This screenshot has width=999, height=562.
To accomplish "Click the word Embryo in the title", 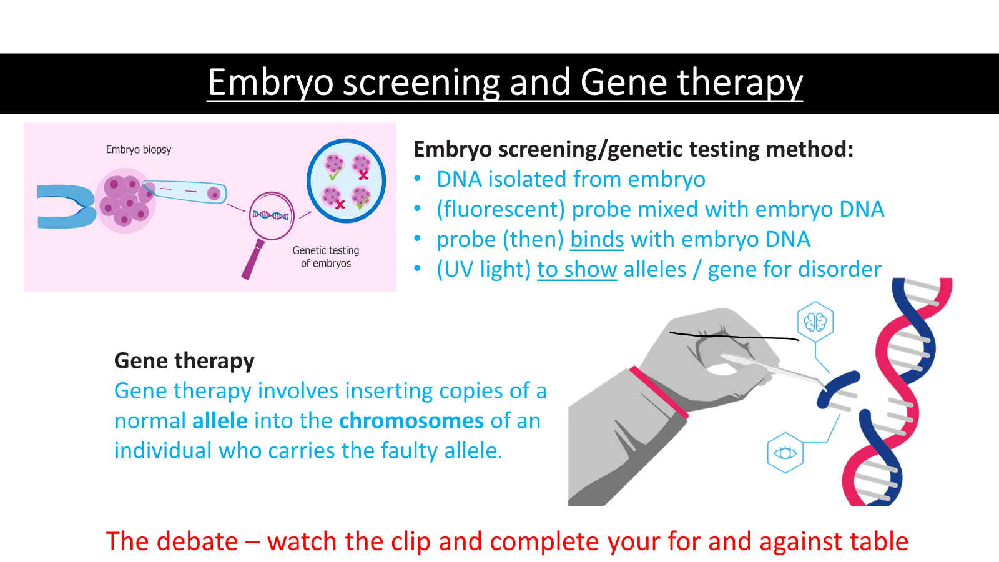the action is pyautogui.click(x=271, y=83).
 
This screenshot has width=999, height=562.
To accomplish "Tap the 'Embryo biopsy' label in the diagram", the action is pyautogui.click(x=138, y=150).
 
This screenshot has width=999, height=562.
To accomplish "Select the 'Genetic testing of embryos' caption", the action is pyautogui.click(x=325, y=257).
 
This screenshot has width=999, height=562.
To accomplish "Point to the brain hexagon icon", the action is pyautogui.click(x=815, y=322).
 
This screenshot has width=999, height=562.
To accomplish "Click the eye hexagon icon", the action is pyautogui.click(x=785, y=453).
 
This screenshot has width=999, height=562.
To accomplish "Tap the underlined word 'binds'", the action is pyautogui.click(x=597, y=240).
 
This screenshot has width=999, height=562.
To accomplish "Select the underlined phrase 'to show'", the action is pyautogui.click(x=577, y=269).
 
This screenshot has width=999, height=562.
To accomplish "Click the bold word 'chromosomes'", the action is pyautogui.click(x=411, y=421).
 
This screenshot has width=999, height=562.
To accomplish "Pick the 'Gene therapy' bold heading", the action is pyautogui.click(x=184, y=361).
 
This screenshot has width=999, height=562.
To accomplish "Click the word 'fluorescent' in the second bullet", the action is pyautogui.click(x=501, y=209).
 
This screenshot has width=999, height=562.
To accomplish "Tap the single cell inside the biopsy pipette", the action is pyautogui.click(x=214, y=194).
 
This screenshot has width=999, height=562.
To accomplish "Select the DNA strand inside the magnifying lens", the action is pyautogui.click(x=271, y=216).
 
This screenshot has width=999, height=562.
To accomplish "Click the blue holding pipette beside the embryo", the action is pyautogui.click(x=66, y=207).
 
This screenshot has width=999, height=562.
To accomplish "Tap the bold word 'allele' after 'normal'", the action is pyautogui.click(x=220, y=421).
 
